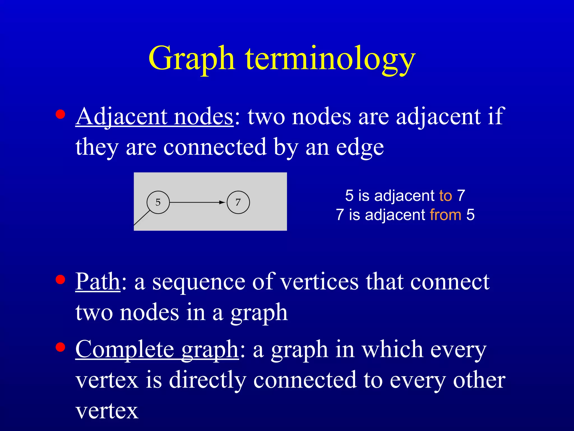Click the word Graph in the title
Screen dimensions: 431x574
click(x=191, y=59)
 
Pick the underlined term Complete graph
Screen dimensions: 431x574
click(x=157, y=350)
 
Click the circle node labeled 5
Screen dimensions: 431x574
click(x=158, y=202)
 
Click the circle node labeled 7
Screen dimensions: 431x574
click(x=238, y=202)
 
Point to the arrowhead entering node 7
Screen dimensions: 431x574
click(x=222, y=202)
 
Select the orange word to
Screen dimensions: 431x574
click(x=446, y=196)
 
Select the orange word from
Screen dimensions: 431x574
click(x=446, y=215)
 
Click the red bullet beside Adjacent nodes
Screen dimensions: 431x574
click(x=60, y=114)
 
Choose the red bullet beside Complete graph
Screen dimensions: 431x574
click(x=60, y=347)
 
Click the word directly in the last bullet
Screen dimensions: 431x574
click(x=208, y=380)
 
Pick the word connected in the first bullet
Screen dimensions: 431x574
click(x=215, y=147)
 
